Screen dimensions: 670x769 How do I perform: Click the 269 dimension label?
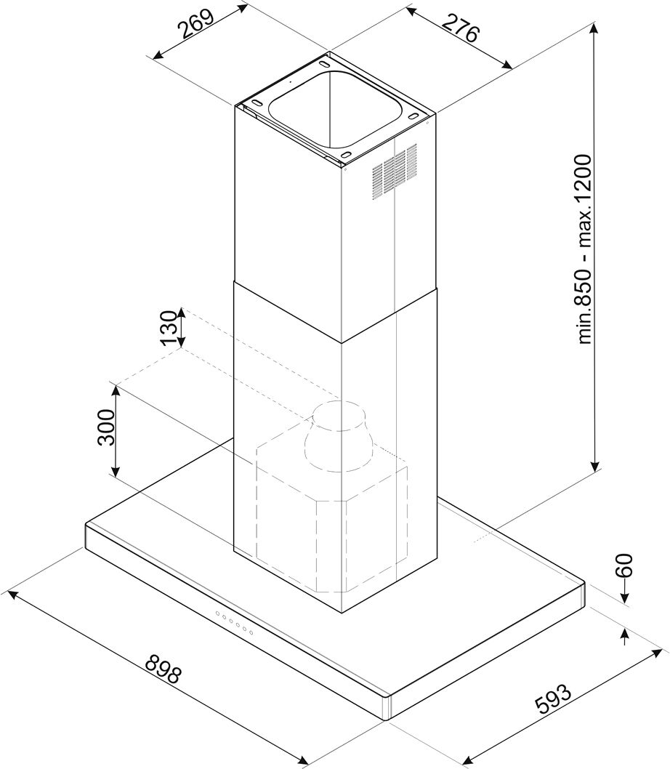click(x=195, y=23)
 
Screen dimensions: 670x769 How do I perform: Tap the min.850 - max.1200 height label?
click(x=585, y=249)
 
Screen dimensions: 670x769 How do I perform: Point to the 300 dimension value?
click(x=106, y=427)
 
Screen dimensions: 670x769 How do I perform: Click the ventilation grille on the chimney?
click(x=395, y=171)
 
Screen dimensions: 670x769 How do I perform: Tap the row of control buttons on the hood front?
click(x=234, y=623)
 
